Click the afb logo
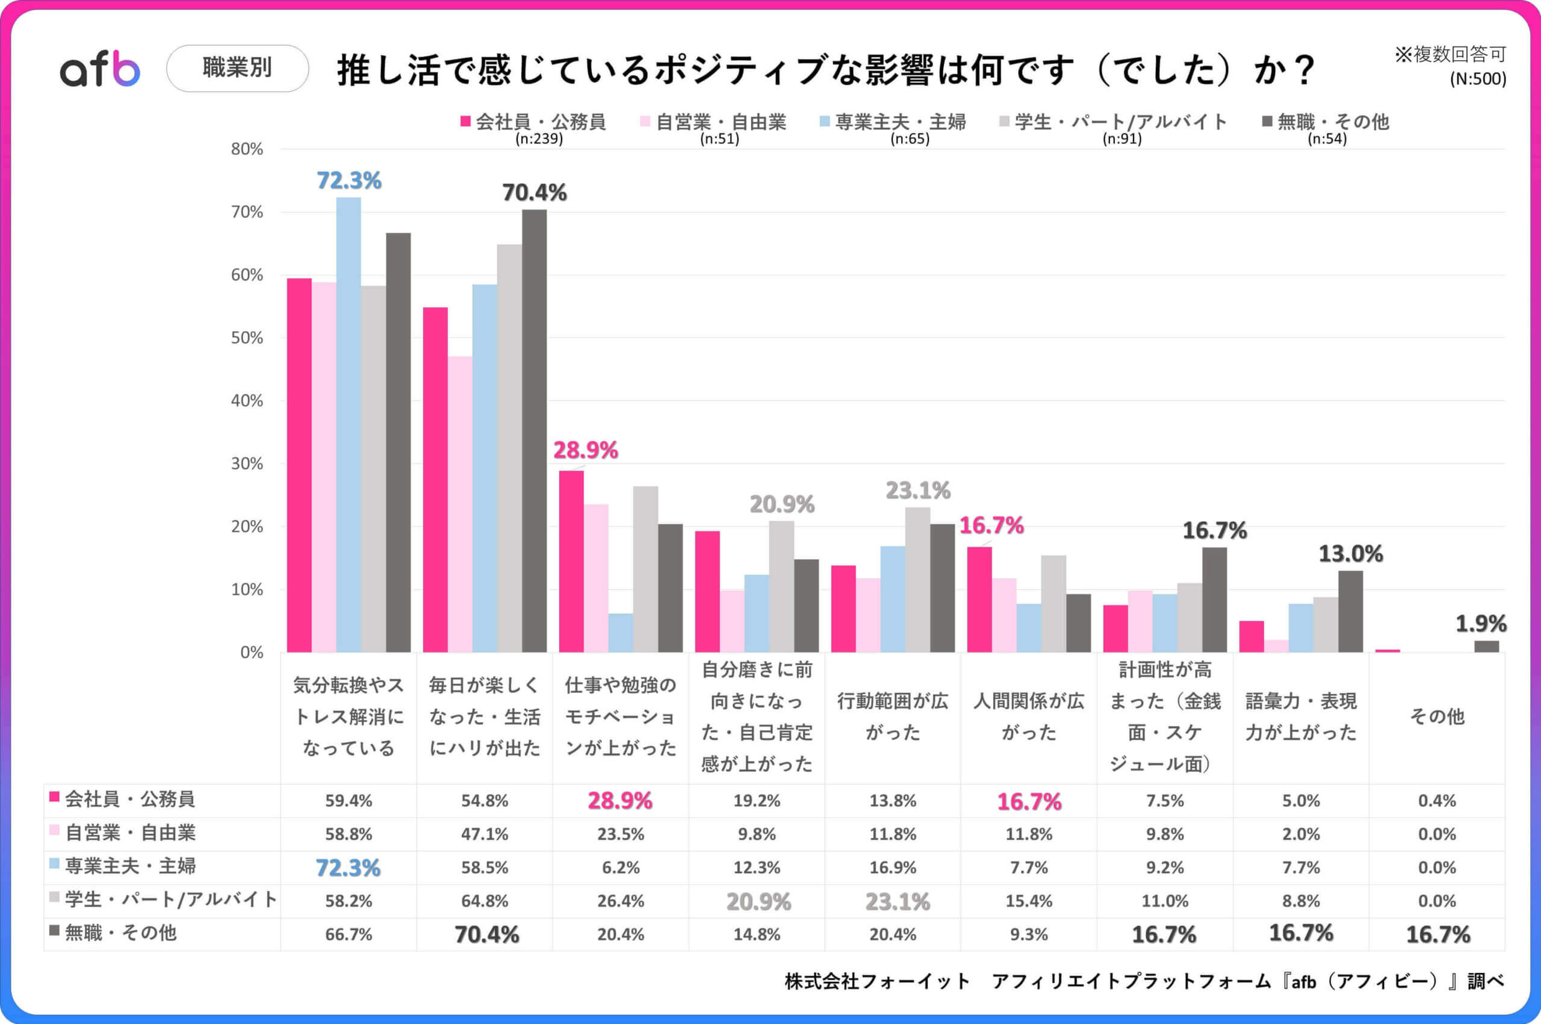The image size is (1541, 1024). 100,69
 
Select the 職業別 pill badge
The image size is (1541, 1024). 237,68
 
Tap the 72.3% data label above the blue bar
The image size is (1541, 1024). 349,181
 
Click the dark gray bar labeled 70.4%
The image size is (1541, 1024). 534,431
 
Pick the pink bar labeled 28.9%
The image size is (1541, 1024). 571,562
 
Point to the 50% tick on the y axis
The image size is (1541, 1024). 247,338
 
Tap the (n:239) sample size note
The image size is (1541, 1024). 539,139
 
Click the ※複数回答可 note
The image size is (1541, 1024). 1450,55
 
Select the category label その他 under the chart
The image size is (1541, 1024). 1436,716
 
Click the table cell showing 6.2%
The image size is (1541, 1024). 621,867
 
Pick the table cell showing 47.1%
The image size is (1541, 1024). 485,834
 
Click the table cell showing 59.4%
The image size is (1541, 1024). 349,801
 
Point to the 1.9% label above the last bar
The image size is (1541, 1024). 1481,624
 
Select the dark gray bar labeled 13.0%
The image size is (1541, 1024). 1350,611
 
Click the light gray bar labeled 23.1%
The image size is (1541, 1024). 917,580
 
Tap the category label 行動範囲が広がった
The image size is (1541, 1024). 893,716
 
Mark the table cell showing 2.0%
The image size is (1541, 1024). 1301,834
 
